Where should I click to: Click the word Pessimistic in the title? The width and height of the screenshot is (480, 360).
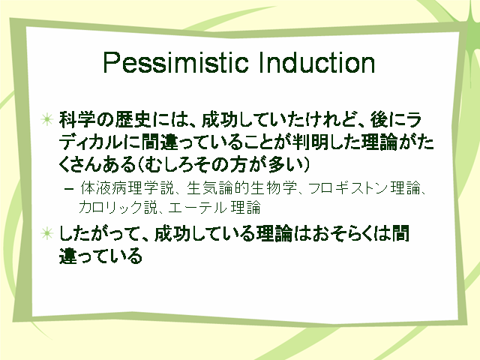tap(175, 63)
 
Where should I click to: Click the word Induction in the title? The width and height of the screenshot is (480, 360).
tap(316, 63)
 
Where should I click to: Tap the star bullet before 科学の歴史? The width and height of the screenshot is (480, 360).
tap(46, 119)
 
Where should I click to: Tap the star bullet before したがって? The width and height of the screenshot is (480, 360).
tap(46, 233)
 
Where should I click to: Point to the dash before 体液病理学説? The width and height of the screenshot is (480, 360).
tap(69, 188)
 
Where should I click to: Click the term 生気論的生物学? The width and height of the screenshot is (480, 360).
tap(241, 188)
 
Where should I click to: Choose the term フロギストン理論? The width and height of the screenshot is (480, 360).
tap(364, 188)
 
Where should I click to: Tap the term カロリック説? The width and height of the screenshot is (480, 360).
tap(118, 207)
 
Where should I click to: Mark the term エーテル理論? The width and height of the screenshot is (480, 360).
tap(214, 207)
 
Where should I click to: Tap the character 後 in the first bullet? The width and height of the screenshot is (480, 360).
tap(379, 120)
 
